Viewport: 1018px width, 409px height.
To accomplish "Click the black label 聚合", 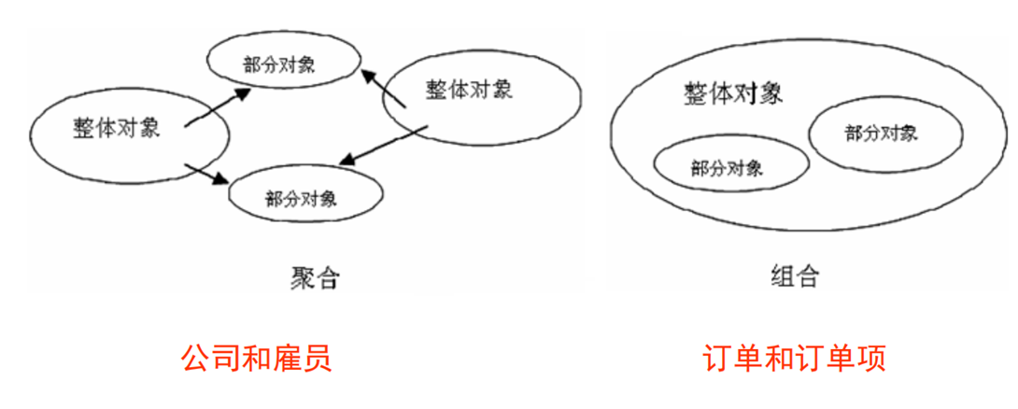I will click(x=314, y=277).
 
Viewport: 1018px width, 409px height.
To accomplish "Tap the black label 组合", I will click(x=795, y=276).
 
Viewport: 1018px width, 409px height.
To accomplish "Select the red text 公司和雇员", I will click(x=257, y=359).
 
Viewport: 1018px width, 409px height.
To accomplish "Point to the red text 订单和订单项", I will click(x=795, y=359).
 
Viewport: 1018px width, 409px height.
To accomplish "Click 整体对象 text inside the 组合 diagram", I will click(x=733, y=93).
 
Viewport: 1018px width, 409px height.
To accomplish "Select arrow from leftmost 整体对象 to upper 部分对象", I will click(x=219, y=105).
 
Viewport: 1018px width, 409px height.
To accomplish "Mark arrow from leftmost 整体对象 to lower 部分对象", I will click(x=208, y=174).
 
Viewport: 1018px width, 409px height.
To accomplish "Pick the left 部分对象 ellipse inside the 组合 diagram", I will click(x=731, y=168).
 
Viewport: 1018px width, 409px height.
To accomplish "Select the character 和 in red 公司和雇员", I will click(x=257, y=359).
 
